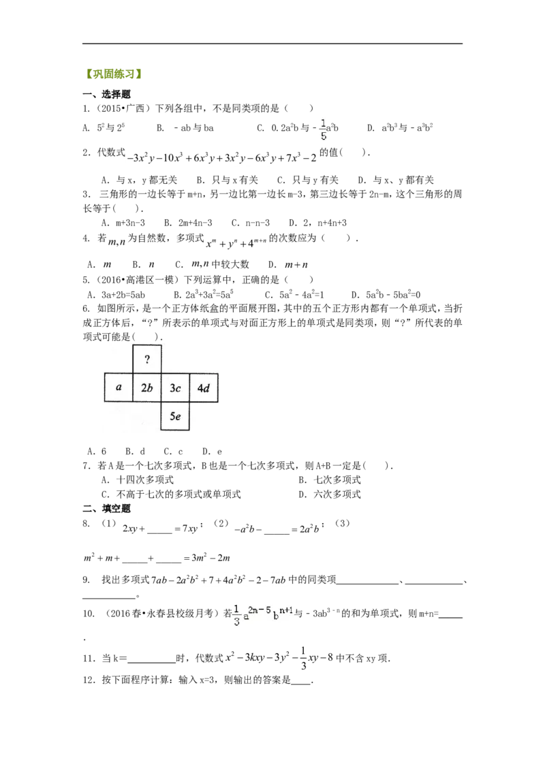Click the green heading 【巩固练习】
113,74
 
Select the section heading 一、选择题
106,94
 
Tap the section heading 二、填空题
106,508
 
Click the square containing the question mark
147,360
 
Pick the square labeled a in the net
119,388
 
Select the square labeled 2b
147,388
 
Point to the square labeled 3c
175,388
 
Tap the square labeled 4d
204,388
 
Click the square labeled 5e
175,416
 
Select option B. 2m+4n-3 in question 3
188,223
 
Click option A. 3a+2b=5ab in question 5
116,295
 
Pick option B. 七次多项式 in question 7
330,480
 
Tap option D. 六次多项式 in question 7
330,494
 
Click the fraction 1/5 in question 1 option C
323,129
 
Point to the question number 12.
89,680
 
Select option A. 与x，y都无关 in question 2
139,180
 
